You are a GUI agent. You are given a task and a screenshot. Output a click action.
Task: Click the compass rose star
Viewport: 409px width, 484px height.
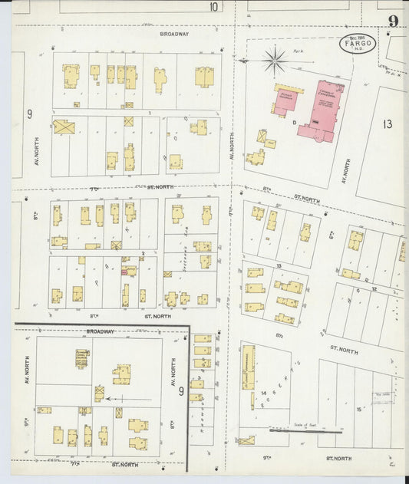click(274, 59)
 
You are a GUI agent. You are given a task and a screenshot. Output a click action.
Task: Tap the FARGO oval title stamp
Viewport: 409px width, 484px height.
click(358, 43)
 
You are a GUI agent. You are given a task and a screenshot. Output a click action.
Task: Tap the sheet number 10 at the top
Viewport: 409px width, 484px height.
click(213, 7)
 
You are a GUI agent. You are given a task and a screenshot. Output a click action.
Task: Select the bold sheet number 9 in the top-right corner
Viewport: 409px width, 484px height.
click(392, 21)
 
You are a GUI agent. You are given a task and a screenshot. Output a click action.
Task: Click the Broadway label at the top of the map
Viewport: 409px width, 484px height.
click(174, 35)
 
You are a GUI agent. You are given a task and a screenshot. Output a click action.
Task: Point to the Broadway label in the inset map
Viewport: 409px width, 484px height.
click(100, 331)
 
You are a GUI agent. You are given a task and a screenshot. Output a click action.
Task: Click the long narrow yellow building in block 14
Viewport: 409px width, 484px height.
click(248, 367)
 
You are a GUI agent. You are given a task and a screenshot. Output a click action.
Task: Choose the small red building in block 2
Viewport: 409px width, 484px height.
click(124, 270)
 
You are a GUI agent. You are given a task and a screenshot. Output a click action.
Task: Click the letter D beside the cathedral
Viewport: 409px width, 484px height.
click(294, 122)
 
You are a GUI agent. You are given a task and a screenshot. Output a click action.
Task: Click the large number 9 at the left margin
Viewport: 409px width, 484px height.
click(30, 114)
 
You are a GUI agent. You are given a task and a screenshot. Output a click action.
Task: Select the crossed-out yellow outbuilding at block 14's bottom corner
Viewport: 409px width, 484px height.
click(246, 440)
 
